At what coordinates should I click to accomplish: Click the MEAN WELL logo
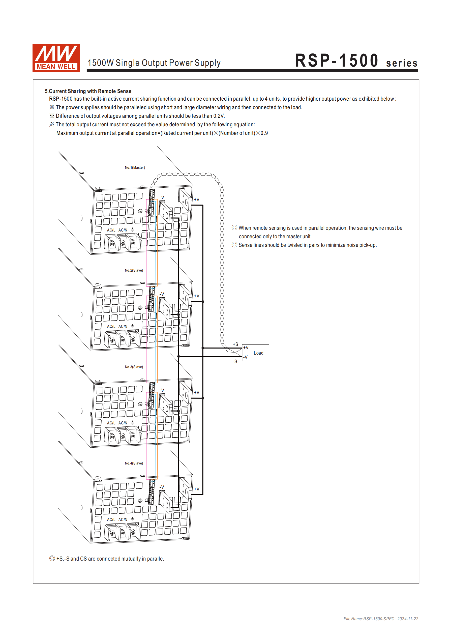56,58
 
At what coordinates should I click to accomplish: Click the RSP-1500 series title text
356,61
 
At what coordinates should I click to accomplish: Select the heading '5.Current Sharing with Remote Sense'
88,91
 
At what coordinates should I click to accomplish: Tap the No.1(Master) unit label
135,168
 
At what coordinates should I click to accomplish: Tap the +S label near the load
235,344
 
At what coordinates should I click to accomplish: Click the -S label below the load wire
235,362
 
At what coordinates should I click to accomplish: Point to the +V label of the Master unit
196,200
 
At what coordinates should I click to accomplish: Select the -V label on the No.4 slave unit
162,487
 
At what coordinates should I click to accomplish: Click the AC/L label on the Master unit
111,230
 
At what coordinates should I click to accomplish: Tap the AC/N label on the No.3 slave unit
123,423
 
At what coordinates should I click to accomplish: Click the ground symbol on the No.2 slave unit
132,326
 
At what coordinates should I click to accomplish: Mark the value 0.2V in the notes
219,116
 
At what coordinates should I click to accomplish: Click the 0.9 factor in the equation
264,133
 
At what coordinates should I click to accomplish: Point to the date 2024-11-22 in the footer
408,619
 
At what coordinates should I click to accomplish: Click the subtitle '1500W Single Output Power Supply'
154,63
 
